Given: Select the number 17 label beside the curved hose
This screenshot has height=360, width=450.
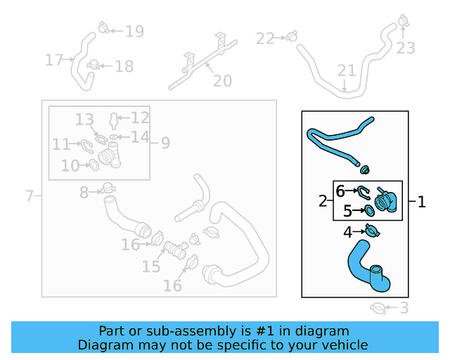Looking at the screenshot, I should pyautogui.click(x=54, y=60).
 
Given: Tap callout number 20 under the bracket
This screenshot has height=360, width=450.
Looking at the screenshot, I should pyautogui.click(x=221, y=82).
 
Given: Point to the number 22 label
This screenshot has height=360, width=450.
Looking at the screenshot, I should pyautogui.click(x=265, y=39).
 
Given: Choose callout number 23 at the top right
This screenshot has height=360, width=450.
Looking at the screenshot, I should pyautogui.click(x=406, y=49).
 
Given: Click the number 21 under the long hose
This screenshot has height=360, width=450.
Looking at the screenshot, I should pyautogui.click(x=347, y=71).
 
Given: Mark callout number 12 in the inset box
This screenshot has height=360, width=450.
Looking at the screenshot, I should pyautogui.click(x=140, y=117).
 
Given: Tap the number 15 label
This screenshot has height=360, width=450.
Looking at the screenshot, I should pyautogui.click(x=150, y=267).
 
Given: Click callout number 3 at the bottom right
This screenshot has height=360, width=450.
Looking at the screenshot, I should pyautogui.click(x=404, y=307).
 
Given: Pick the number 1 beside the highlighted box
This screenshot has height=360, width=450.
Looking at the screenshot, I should pyautogui.click(x=422, y=202).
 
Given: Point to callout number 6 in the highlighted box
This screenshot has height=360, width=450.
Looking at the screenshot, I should pyautogui.click(x=340, y=191).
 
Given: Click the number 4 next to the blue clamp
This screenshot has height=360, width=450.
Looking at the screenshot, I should pyautogui.click(x=347, y=232).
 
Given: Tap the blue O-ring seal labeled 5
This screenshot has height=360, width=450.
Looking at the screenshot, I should pyautogui.click(x=369, y=210).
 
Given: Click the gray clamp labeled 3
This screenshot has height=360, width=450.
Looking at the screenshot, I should pyautogui.click(x=378, y=307).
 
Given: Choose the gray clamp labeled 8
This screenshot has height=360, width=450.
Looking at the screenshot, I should pyautogui.click(x=108, y=188).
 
